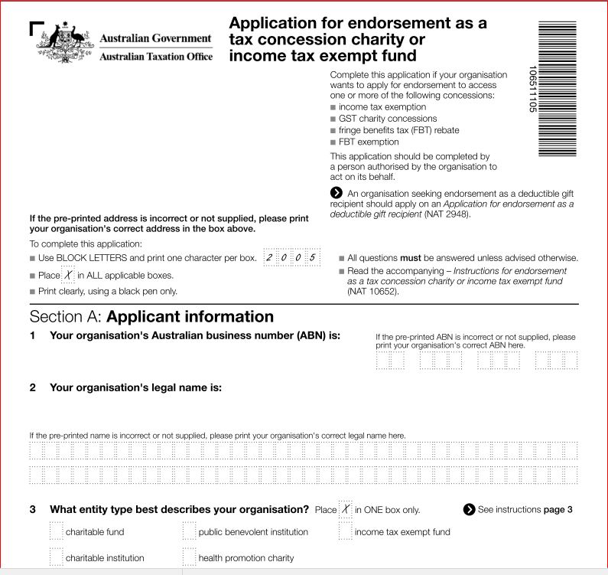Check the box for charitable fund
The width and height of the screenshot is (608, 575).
point(56,531)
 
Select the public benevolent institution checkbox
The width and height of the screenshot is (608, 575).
point(189,531)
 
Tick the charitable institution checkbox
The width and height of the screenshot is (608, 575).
point(56,557)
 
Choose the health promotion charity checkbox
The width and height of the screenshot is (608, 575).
point(189,557)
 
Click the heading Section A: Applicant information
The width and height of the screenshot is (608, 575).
point(151,317)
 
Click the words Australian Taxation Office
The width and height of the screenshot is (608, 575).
point(157,56)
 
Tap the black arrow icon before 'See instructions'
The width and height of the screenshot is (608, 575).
point(469,509)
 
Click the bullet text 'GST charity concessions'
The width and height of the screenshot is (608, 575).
point(388,119)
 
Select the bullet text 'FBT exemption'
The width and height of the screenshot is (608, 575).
point(369,142)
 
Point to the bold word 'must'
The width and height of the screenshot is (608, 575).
point(411,258)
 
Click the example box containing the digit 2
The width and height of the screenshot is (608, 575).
point(268,258)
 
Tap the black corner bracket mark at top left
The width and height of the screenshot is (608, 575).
point(37,28)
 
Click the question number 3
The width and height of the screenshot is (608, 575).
point(33,509)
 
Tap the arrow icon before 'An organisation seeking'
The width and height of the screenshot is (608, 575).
point(336,193)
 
